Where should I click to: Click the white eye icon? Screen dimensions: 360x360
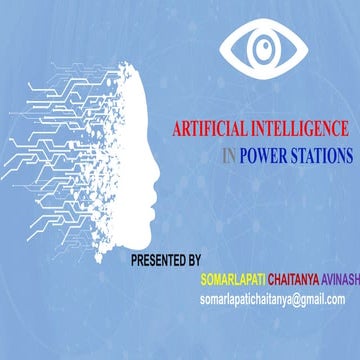tap(263, 47)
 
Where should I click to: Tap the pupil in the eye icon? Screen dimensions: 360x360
tap(263, 48)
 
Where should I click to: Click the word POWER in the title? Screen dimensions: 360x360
tap(263, 156)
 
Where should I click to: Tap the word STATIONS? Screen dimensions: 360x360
tap(320, 156)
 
